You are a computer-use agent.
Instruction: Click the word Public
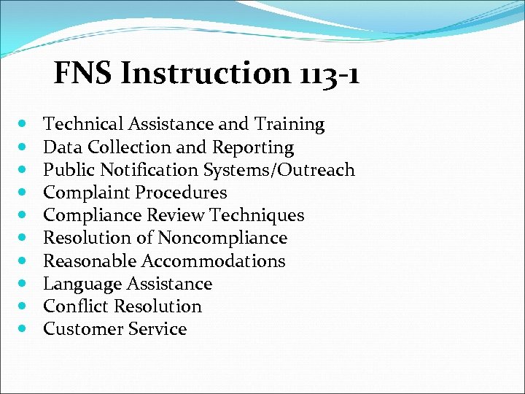[x=66, y=170]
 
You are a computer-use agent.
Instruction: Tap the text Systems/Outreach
[x=291, y=170]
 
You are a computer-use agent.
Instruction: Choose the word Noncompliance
[x=222, y=238]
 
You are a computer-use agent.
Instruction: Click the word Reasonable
[x=89, y=260]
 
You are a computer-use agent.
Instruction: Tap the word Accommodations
[x=214, y=260]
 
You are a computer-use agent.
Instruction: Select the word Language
[x=82, y=283]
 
